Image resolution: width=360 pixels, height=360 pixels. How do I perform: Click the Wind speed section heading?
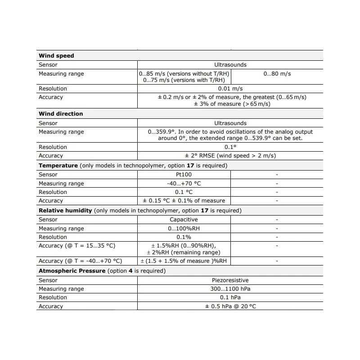click(x=56, y=56)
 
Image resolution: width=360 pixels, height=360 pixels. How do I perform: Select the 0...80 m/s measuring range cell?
click(x=277, y=74)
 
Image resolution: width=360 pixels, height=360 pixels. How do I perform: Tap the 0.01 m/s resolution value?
click(x=230, y=89)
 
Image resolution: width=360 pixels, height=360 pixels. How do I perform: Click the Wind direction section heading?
click(x=61, y=114)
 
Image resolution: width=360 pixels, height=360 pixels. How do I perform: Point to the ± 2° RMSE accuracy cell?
click(x=230, y=156)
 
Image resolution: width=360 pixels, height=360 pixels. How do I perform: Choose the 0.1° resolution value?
click(x=230, y=147)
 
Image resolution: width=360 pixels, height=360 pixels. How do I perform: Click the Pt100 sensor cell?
click(x=184, y=175)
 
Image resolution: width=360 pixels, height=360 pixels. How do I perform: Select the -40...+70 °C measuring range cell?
click(x=184, y=184)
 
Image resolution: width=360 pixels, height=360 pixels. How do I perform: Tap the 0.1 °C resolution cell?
click(x=184, y=192)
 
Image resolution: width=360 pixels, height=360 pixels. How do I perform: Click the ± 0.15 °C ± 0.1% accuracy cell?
click(x=184, y=201)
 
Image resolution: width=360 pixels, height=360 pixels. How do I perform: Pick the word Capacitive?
click(x=184, y=220)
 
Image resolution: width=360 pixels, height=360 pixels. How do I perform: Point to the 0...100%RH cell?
click(x=184, y=229)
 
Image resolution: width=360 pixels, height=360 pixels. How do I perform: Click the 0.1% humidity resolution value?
click(x=184, y=237)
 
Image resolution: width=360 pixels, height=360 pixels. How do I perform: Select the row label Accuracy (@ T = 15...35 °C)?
click(x=77, y=246)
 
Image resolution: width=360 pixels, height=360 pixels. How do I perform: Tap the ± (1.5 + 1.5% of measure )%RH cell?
click(x=184, y=261)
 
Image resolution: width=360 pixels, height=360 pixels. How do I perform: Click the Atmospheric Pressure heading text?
click(x=72, y=271)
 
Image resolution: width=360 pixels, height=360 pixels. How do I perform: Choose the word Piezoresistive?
click(x=230, y=280)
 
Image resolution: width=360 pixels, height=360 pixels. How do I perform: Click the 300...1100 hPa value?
click(x=230, y=289)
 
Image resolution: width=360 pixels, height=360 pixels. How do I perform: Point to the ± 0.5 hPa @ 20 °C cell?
click(x=230, y=306)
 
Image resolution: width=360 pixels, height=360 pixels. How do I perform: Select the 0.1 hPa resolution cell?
click(x=230, y=297)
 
